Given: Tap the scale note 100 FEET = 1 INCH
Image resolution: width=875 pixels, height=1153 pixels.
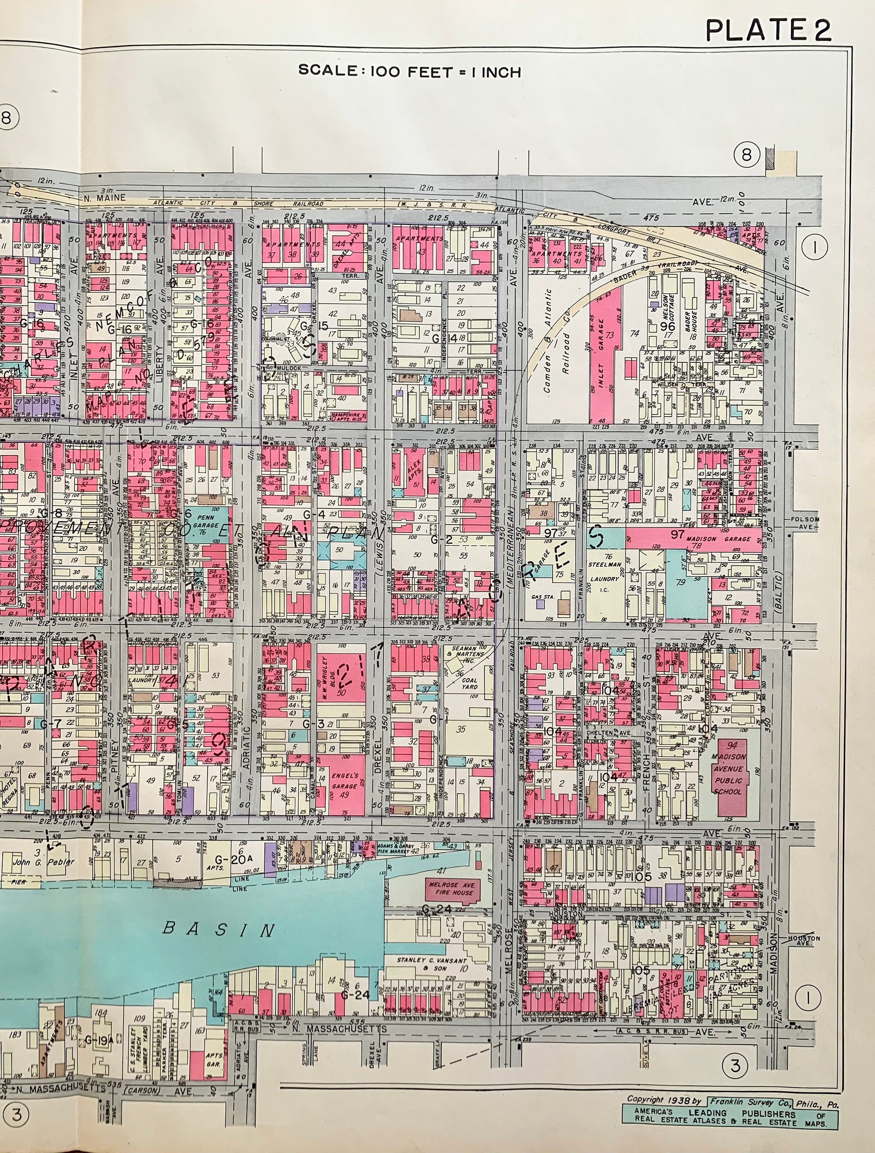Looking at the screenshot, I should pyautogui.click(x=409, y=71).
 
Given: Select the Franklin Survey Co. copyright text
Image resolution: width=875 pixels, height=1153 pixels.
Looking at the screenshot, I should pyautogui.click(x=749, y=1102).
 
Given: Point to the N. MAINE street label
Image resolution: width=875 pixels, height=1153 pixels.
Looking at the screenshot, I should pyautogui.click(x=105, y=198).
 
